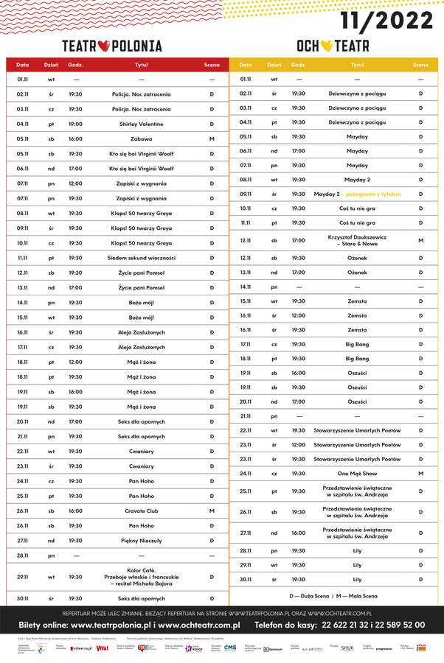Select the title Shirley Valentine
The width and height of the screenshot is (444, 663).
pos(141,124)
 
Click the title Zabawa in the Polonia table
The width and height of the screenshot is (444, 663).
pos(141,138)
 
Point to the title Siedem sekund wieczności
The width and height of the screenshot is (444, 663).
pos(141,258)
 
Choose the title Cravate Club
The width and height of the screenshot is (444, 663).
pos(141,511)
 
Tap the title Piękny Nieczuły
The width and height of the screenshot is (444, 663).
pos(141,540)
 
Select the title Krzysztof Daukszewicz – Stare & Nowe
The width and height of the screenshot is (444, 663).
pos(357,240)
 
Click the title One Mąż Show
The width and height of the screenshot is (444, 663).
pos(357,474)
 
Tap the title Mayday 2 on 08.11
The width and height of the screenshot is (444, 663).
pos(357,179)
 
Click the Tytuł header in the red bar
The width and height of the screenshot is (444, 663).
pos(141,65)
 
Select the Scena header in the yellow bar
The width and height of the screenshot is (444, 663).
pos(420,65)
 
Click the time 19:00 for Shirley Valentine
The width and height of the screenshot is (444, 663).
pos(75,124)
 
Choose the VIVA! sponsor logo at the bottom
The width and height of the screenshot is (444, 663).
pos(102,648)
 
